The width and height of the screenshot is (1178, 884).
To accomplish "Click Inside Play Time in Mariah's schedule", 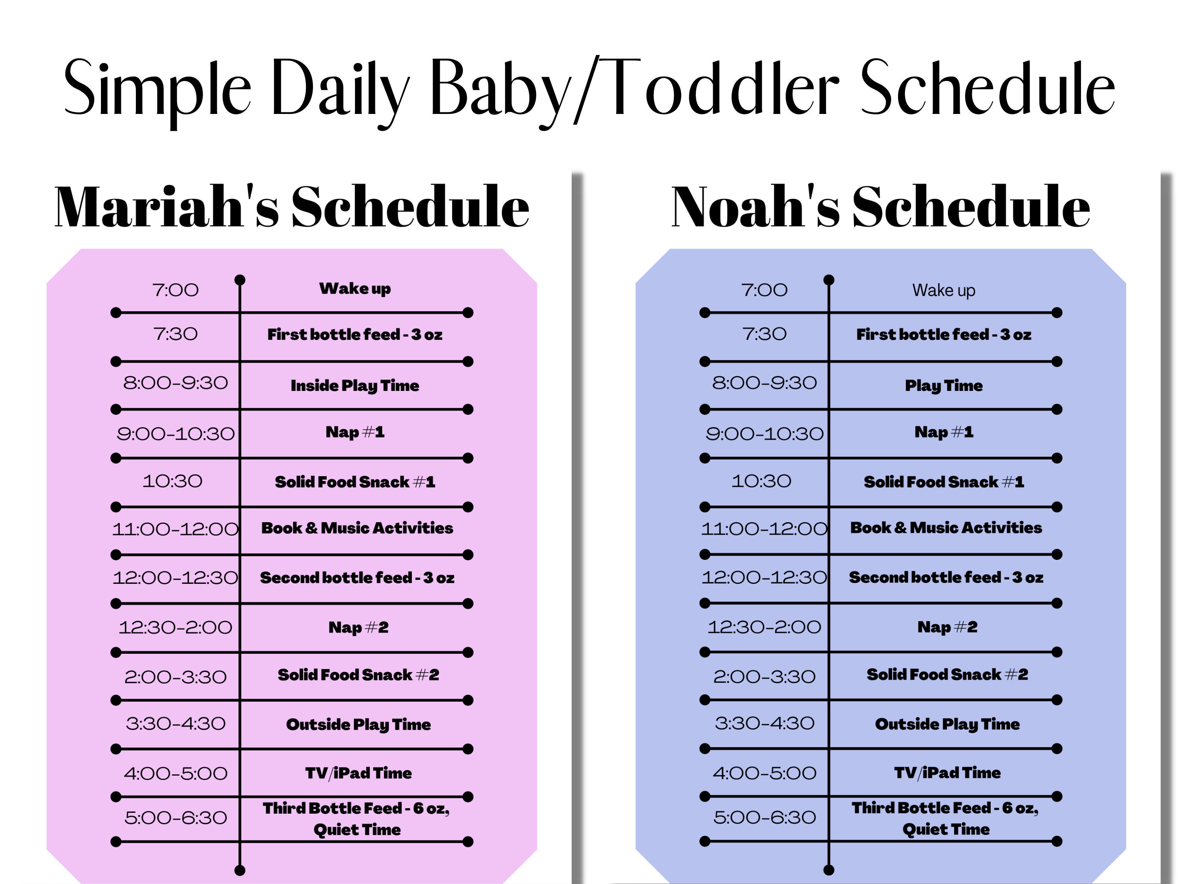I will click(x=355, y=385).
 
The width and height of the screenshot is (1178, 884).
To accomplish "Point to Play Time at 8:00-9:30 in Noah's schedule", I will click(x=944, y=385).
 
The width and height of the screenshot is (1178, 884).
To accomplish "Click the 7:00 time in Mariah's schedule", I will click(x=175, y=290).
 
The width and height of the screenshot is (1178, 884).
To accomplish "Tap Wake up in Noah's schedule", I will click(x=944, y=290).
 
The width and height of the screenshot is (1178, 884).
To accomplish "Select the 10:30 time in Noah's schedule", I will click(x=761, y=481).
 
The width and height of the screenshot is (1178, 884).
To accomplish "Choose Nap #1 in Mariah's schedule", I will click(x=355, y=432).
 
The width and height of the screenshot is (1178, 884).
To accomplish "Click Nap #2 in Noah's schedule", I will click(x=947, y=627).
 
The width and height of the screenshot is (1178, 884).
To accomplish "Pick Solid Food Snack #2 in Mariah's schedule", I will click(x=359, y=675).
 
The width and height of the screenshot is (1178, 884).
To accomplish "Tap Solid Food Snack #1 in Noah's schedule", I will click(x=944, y=482).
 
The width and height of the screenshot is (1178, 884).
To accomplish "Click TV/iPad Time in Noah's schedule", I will click(x=947, y=773).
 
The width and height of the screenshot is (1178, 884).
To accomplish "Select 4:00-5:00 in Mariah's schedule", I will click(x=175, y=773).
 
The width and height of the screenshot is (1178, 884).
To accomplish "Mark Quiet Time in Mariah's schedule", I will click(x=357, y=830).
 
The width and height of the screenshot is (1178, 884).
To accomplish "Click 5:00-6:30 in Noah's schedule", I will click(x=764, y=817).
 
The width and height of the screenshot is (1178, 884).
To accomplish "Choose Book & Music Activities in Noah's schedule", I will click(x=946, y=528).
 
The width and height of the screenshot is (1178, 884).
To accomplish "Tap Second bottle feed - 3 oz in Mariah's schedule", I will click(x=357, y=578).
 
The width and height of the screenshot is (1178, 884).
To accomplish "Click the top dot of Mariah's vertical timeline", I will click(x=240, y=280).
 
